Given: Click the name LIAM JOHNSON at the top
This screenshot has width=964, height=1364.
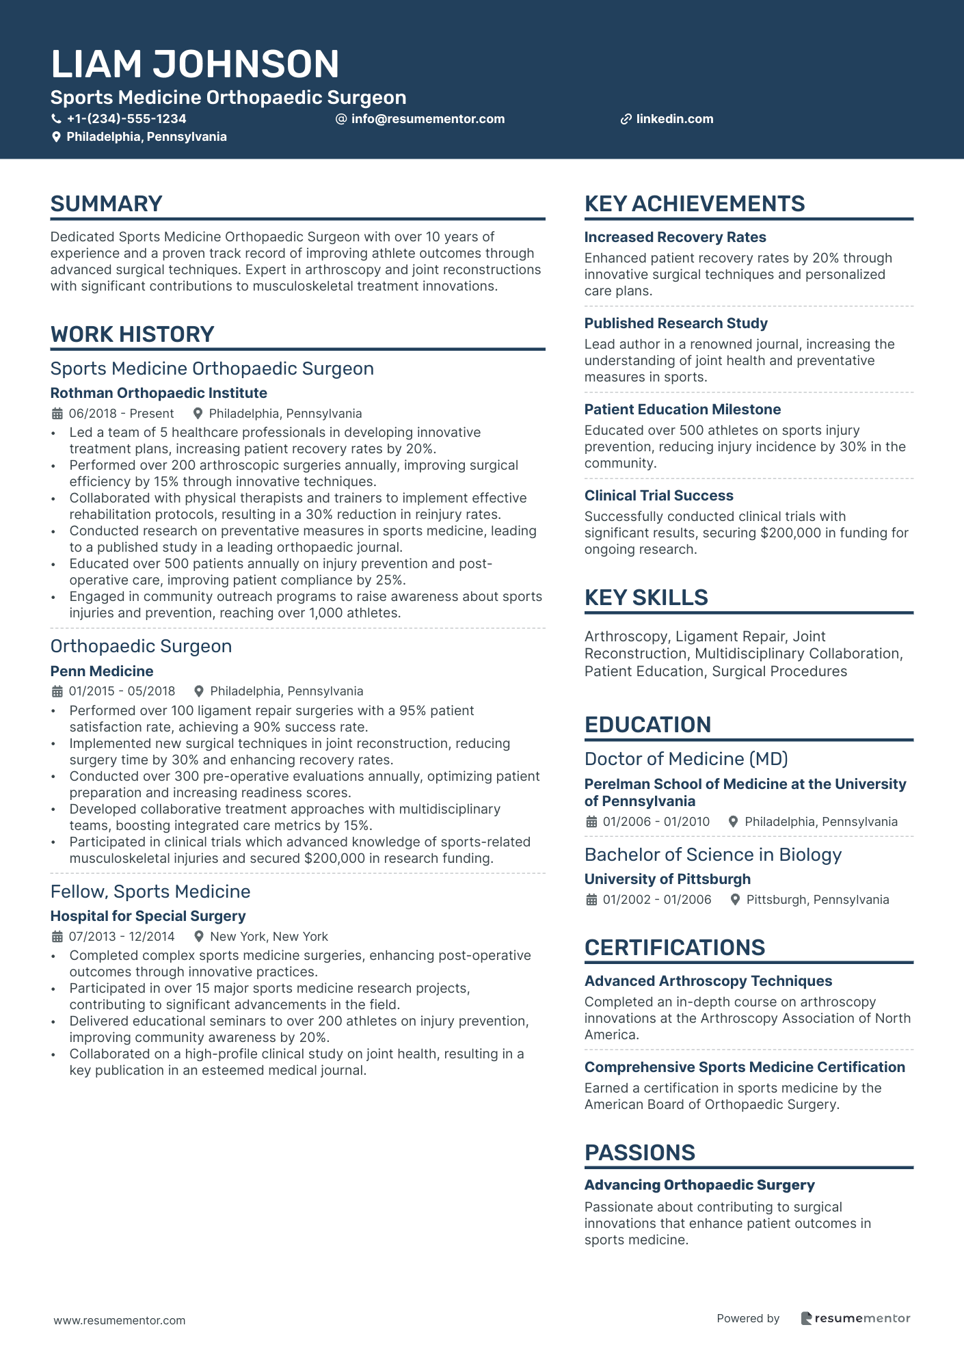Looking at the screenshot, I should coord(195,64).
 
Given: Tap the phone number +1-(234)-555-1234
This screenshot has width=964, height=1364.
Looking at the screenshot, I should coord(126,119).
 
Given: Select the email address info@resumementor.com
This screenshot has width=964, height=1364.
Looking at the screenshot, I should coord(427,119).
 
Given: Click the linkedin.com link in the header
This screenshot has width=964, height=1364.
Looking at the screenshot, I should coord(674,119).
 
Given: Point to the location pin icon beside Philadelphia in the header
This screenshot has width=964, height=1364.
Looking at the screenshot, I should coord(57,137).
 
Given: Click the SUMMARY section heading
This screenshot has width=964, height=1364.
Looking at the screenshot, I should coord(106,204).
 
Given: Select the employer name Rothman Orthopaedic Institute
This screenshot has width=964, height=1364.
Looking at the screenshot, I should coord(159,393).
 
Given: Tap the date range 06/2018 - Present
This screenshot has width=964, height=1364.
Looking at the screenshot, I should coord(121,414).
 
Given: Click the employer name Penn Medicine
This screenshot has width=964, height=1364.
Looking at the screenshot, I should coord(102,671).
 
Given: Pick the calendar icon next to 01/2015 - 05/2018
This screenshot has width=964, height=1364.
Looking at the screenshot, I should coord(57,691).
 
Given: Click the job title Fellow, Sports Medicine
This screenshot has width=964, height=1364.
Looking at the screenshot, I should coord(150,892).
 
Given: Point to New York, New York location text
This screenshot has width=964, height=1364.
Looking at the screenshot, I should coord(269,937).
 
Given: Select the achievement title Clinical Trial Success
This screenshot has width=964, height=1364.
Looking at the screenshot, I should coord(658,496).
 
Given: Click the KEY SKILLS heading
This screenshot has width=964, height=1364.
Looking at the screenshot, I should coord(646,598).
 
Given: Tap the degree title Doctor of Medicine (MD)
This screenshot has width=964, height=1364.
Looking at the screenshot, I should coord(686,759).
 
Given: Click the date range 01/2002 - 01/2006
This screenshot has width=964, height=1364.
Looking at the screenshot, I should coord(656,900).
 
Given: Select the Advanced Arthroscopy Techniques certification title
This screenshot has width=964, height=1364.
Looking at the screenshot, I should coord(708,981).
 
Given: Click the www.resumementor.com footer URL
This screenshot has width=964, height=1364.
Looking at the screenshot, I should coord(120,1320).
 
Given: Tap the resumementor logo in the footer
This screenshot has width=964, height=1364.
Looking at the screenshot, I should coord(855,1318).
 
